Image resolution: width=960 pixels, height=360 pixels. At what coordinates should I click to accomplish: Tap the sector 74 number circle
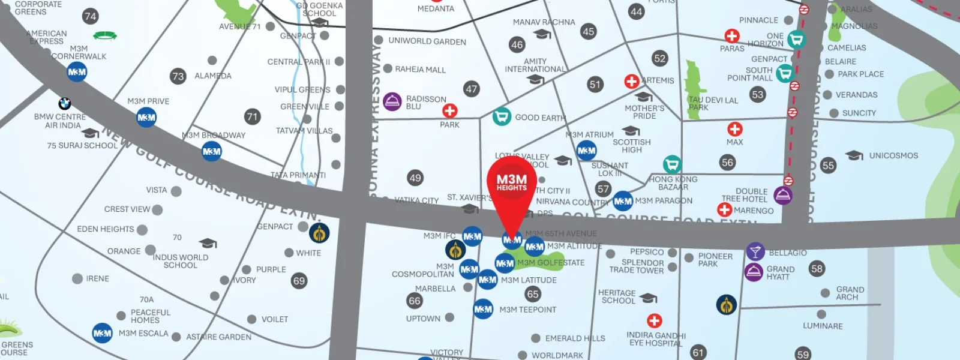click(x=91, y=16)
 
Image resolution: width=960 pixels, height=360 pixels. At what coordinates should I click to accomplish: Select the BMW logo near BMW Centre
click(x=65, y=104)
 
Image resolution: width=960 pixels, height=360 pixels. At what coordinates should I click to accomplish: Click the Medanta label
click(x=436, y=8)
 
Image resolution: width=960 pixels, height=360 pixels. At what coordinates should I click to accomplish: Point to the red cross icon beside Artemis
click(x=631, y=81)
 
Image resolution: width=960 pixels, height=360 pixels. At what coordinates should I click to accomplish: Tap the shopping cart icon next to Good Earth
click(x=502, y=116)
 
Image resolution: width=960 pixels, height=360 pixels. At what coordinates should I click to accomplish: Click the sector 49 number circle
click(x=415, y=178)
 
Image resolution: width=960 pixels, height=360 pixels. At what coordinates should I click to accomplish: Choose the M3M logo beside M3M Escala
click(x=102, y=334)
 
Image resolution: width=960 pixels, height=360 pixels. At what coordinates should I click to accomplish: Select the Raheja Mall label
click(x=420, y=70)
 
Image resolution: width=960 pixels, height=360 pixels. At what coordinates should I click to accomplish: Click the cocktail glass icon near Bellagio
click(x=755, y=251)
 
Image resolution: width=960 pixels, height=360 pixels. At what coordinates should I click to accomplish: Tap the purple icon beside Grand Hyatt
click(x=754, y=272)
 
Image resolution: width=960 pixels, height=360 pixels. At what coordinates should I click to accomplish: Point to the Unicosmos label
click(x=893, y=156)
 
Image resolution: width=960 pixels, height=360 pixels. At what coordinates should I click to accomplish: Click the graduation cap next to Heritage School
click(x=648, y=298)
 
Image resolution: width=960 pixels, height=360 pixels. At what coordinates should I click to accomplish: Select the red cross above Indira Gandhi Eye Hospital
click(x=655, y=321)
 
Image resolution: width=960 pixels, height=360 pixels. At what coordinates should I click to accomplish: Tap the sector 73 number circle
click(x=178, y=76)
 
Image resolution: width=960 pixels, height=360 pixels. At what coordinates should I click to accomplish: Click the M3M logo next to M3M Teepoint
click(x=483, y=310)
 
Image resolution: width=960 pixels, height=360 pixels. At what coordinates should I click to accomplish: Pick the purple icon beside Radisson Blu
click(x=392, y=101)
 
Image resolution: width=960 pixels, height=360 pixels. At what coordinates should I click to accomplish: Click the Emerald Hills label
click(x=575, y=338)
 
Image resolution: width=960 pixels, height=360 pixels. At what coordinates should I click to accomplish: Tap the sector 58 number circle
click(x=817, y=269)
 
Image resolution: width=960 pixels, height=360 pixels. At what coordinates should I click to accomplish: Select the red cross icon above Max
click(x=735, y=129)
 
